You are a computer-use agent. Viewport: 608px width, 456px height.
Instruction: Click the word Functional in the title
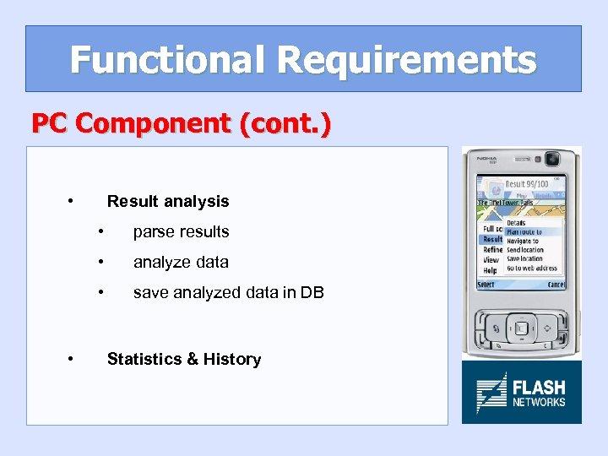167,60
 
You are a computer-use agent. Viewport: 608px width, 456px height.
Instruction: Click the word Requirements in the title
406,60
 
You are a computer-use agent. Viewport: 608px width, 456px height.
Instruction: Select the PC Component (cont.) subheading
181,123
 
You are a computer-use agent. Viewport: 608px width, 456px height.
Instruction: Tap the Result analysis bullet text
167,201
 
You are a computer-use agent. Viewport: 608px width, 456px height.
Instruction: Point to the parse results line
181,231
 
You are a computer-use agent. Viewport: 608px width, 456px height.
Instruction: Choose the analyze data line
181,262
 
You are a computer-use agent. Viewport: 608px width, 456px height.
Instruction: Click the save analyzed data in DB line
228,292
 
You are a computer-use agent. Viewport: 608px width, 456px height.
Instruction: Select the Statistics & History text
183,359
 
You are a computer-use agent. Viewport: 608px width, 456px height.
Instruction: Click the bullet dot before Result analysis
69,201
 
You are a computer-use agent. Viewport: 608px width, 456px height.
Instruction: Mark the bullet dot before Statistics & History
69,359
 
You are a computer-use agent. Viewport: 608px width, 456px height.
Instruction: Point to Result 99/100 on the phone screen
525,184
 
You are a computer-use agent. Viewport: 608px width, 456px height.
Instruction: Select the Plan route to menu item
524,231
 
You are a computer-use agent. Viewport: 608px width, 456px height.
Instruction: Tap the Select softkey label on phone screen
486,285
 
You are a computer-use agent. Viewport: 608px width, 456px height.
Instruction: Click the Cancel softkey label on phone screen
555,285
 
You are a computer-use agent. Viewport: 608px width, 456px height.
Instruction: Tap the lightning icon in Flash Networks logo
491,393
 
